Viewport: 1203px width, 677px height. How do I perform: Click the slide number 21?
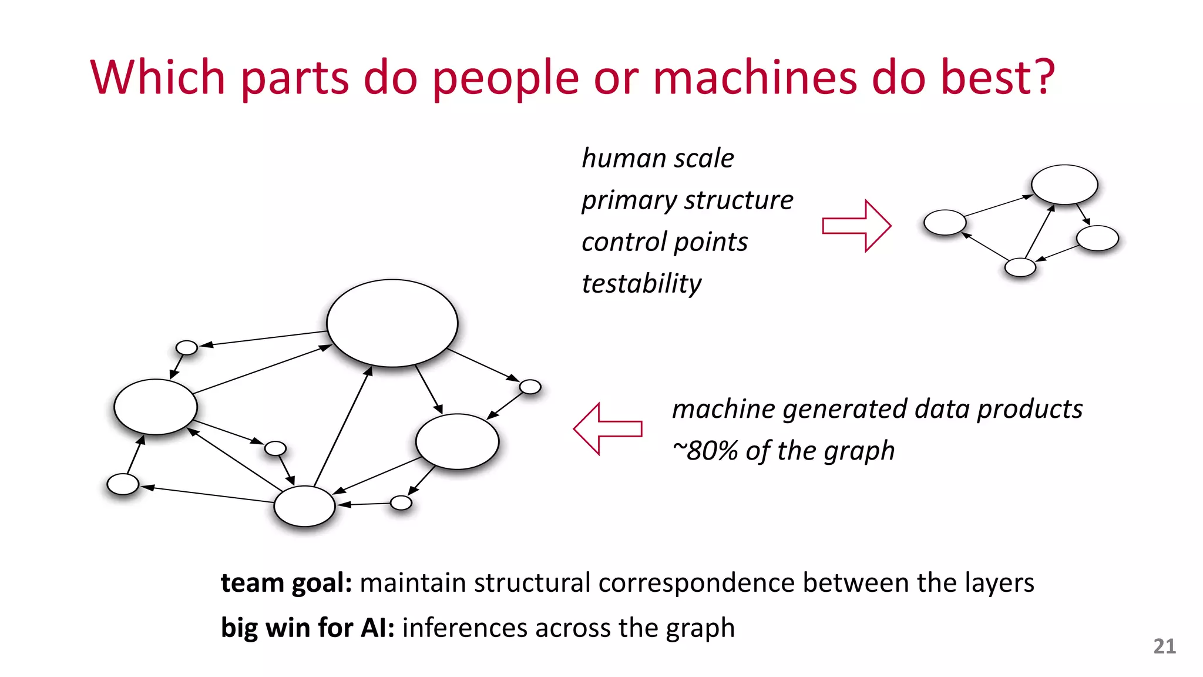pos(1164,646)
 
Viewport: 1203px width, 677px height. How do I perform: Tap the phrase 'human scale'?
pos(657,158)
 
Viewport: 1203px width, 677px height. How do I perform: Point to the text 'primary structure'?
pos(687,200)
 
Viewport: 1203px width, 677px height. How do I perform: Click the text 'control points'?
pos(664,242)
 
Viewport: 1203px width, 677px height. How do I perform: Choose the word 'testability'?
pos(641,284)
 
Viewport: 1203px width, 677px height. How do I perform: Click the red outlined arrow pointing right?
pos(856,226)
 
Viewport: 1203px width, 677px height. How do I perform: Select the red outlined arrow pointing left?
pos(607,429)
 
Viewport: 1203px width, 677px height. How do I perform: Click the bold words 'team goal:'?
pos(286,583)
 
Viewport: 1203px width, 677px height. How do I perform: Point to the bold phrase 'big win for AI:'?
pos(307,628)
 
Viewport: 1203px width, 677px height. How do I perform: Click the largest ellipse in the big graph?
pos(392,323)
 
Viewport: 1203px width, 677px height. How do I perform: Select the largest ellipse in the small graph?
pos(1064,185)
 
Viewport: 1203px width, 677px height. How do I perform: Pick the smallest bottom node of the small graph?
pos(1020,267)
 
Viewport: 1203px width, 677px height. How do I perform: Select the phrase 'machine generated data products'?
pos(877,409)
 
